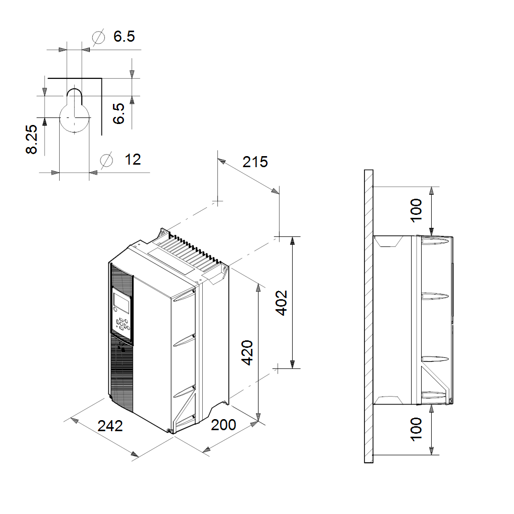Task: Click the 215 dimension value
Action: pos(255,162)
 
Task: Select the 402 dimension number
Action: pos(282,303)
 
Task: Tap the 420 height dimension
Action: pos(247,353)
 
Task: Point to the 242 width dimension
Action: pos(110,426)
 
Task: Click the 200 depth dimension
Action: pos(223,425)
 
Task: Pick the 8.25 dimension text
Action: pos(32,140)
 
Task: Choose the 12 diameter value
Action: pos(133,160)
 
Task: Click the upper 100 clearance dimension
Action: pos(416,210)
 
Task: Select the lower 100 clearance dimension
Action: pos(416,429)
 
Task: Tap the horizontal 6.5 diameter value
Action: pos(124,36)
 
